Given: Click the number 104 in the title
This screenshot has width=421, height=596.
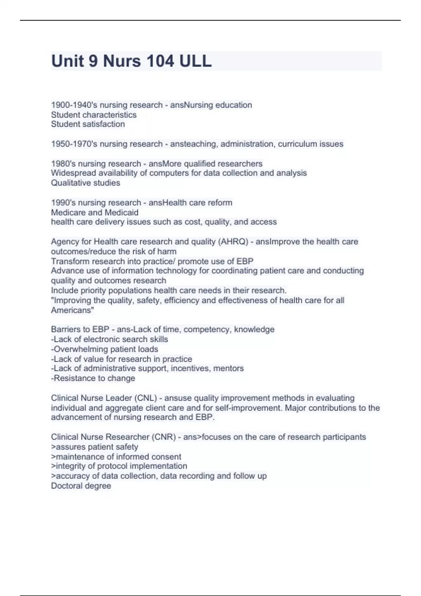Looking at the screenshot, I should pyautogui.click(x=160, y=61).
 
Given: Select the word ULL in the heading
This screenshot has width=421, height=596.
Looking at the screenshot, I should pyautogui.click(x=195, y=61).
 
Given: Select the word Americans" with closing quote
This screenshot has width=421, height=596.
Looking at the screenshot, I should pyautogui.click(x=73, y=310).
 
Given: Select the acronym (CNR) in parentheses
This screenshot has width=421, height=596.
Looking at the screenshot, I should pyautogui.click(x=164, y=437).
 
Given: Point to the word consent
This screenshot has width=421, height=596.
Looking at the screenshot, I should pyautogui.click(x=168, y=457).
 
